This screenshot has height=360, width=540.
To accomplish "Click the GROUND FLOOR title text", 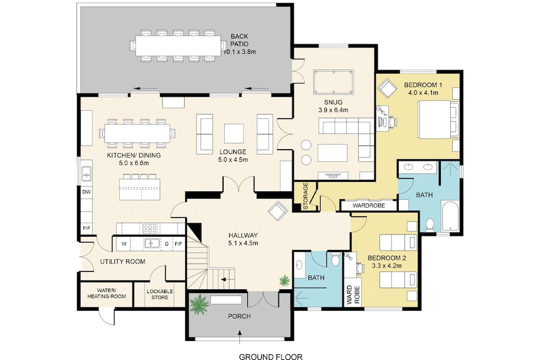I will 271,356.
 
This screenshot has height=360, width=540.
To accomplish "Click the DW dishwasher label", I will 86,192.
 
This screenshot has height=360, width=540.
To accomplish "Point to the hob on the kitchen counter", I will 150,229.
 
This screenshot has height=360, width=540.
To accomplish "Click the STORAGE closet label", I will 305,197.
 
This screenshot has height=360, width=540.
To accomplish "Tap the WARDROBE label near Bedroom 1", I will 368,205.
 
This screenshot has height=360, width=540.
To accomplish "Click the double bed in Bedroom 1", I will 438,119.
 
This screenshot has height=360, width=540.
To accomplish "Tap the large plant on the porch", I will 200,304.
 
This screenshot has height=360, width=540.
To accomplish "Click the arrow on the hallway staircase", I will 227,280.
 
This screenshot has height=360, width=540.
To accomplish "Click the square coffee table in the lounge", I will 234,133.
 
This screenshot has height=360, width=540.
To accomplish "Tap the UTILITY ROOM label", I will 123,261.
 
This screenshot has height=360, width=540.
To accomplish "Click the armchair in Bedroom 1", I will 387,87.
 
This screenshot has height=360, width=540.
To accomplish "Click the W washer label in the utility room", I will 123,244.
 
